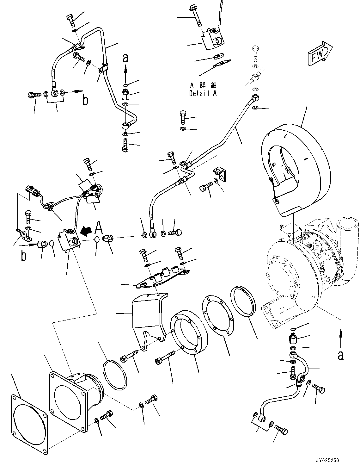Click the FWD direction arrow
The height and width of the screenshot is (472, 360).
319,53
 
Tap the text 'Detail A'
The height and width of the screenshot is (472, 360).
203,94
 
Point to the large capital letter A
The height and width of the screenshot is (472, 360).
99,227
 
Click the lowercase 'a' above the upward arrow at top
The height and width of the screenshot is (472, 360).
125,58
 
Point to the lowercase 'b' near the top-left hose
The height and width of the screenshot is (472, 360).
85,100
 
